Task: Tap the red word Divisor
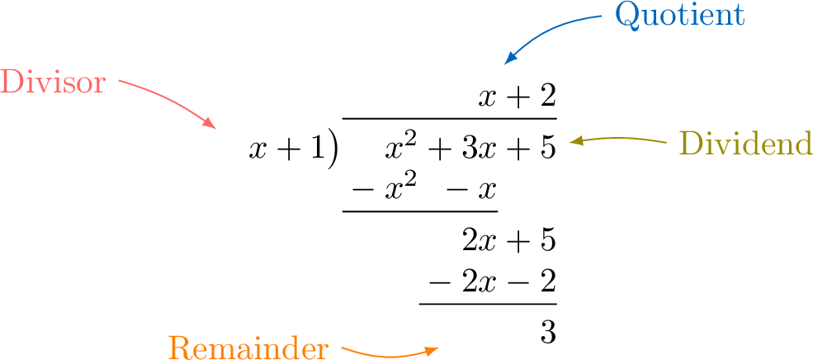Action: pos(53,83)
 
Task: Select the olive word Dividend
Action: pos(745,144)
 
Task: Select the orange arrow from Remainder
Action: pos(388,353)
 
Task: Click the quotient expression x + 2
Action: pos(518,98)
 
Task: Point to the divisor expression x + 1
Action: pos(286,149)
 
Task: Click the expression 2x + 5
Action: pos(509,240)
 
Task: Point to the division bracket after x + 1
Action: pos(332,149)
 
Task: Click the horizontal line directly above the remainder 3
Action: pos(487,303)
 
